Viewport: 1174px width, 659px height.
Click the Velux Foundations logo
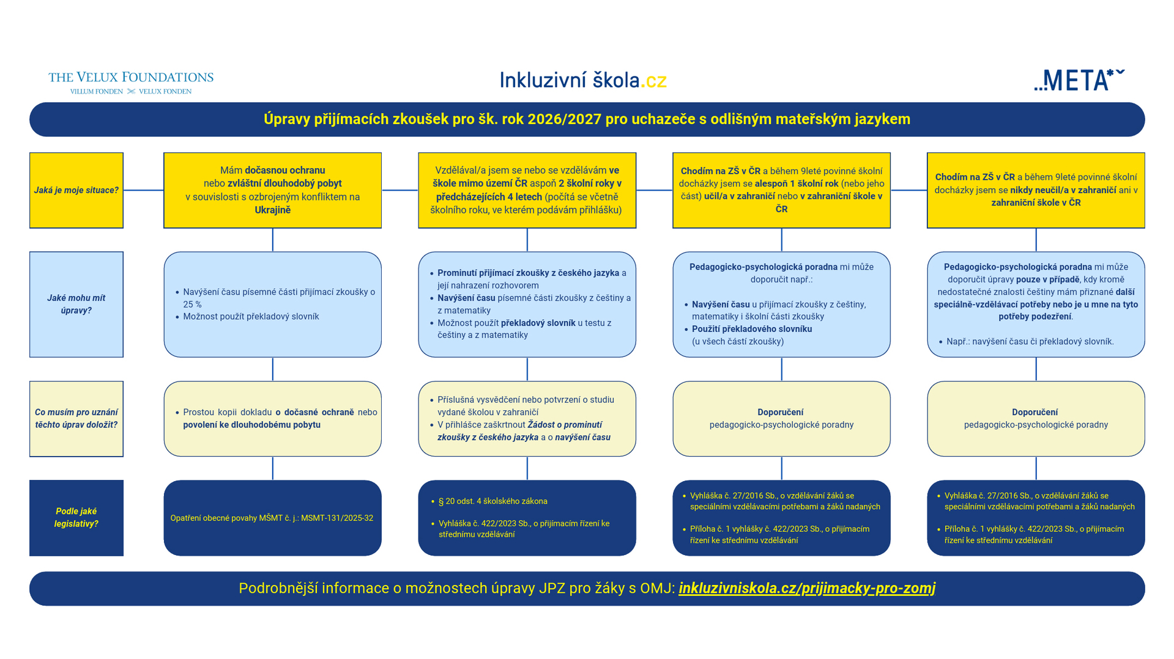pyautogui.click(x=131, y=82)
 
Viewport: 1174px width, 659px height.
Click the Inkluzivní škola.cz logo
pyautogui.click(x=583, y=80)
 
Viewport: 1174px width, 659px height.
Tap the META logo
pyautogui.click(x=1079, y=80)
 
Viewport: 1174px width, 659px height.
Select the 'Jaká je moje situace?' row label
pyautogui.click(x=76, y=190)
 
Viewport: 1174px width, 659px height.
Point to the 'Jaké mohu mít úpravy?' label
pyautogui.click(x=76, y=304)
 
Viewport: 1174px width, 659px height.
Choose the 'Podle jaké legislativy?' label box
pyautogui.click(x=76, y=517)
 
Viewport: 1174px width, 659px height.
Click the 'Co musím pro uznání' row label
pyautogui.click(x=76, y=418)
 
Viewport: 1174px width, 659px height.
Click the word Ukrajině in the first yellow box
pyautogui.click(x=273, y=210)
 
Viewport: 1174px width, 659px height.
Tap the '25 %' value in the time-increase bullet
pyautogui.click(x=192, y=304)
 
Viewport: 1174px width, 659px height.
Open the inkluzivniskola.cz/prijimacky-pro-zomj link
pyautogui.click(x=807, y=588)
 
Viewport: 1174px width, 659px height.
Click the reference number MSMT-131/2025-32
pyautogui.click(x=337, y=518)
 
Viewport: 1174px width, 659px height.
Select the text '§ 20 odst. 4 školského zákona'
pyautogui.click(x=493, y=501)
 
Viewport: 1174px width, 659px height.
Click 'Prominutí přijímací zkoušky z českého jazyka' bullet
pyautogui.click(x=528, y=273)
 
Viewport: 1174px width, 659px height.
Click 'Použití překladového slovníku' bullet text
pyautogui.click(x=752, y=329)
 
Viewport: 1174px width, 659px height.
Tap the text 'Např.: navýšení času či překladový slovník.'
pyautogui.click(x=1030, y=342)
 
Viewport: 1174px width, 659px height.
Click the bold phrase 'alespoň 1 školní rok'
pyautogui.click(x=797, y=183)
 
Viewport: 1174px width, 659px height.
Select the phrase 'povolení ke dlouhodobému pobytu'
pyautogui.click(x=251, y=425)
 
